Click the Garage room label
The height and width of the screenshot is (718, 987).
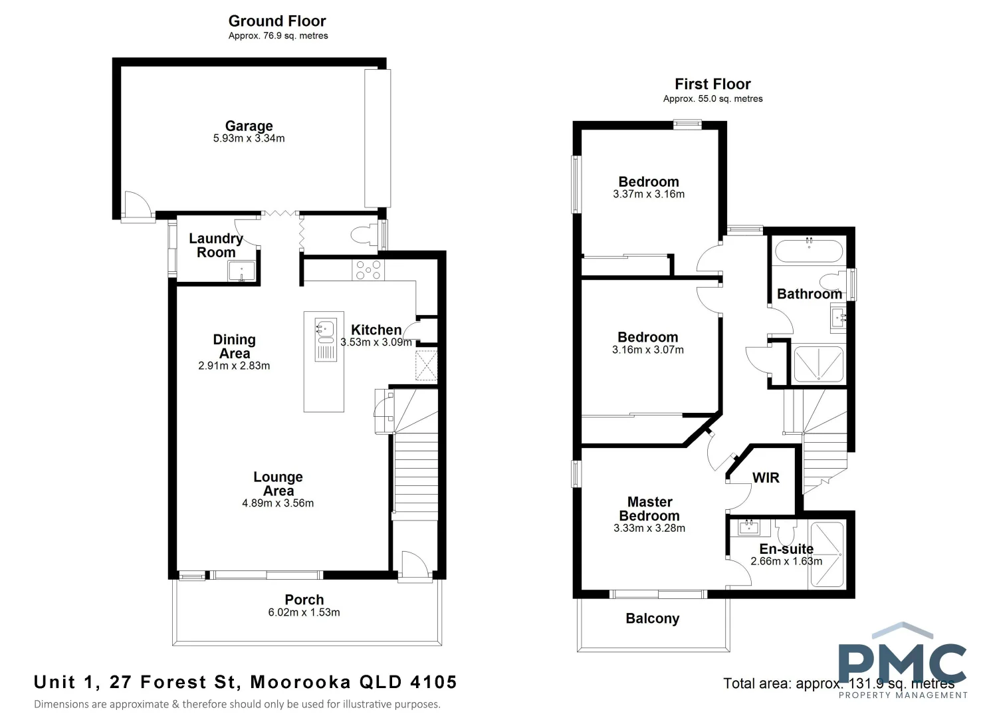[x=249, y=126]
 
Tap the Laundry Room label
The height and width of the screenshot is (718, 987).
[x=216, y=245]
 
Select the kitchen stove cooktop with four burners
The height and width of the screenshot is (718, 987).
[x=368, y=270]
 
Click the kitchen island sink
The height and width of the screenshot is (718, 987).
[x=325, y=328]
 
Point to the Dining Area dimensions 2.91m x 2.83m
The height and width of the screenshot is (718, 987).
[x=234, y=366]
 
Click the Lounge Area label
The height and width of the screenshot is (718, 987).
[x=278, y=483]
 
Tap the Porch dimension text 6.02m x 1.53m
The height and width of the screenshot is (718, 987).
[x=304, y=612]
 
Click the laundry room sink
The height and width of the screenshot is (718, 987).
[x=241, y=271]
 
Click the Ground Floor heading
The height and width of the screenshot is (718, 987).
[x=277, y=21]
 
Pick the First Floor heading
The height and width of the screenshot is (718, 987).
[x=713, y=84]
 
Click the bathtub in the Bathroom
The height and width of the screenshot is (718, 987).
[x=809, y=253]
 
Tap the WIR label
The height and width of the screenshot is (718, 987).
[x=766, y=477]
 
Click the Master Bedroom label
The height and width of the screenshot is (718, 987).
[x=649, y=509]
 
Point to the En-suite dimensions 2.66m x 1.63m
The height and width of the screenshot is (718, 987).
[x=786, y=561]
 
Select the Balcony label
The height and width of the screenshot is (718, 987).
[x=652, y=618]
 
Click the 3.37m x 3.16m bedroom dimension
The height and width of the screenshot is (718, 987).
[x=649, y=194]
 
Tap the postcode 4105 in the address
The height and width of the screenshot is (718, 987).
[x=433, y=682]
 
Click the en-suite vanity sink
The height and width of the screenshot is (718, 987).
[x=749, y=528]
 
